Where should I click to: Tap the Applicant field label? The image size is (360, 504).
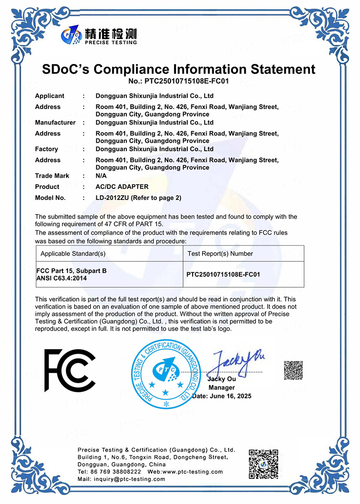coord(49,96)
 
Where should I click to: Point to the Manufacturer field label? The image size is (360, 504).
coord(55,122)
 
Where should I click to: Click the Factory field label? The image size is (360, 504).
coord(46,149)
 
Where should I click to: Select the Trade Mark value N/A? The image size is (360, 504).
coord(101,175)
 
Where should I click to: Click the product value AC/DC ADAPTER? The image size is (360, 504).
coord(122,187)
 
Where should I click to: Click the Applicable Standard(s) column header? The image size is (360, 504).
coord(73,253)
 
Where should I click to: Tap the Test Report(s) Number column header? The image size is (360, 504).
coord(220,253)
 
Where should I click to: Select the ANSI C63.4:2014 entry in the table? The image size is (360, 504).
coord(62,279)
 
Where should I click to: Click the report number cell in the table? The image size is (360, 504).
coord(223,274)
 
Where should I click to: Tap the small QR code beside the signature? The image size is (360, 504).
coord(293,370)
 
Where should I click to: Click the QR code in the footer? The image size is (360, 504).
coord(264,464)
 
